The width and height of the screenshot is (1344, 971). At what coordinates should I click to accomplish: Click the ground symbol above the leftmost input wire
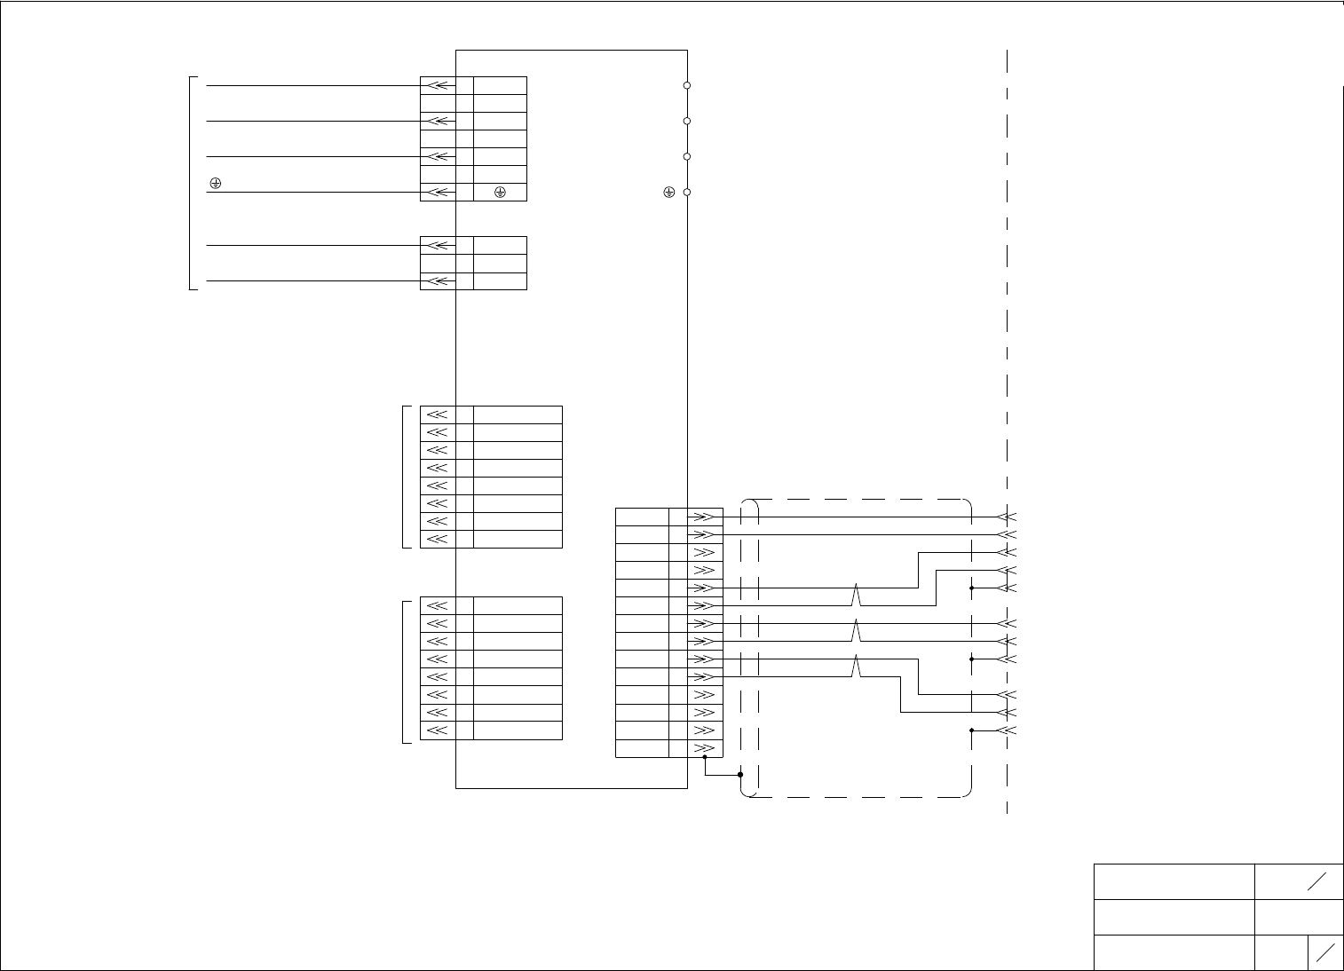[x=215, y=184]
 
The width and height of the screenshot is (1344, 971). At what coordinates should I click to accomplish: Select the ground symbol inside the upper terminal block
[x=500, y=192]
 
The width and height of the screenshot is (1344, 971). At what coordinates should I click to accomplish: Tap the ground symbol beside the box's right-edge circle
[x=669, y=192]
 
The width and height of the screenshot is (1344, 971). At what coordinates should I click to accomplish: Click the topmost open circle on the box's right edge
[x=687, y=85]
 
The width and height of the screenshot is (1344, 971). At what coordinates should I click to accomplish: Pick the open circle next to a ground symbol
[x=687, y=192]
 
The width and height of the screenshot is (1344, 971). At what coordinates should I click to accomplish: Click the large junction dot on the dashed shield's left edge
[x=740, y=774]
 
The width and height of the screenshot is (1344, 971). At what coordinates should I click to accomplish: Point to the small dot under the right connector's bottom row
[x=705, y=757]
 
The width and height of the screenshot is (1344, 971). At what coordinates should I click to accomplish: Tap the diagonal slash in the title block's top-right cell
[x=1316, y=881]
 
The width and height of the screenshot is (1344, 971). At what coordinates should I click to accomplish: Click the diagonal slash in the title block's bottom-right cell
[x=1325, y=952]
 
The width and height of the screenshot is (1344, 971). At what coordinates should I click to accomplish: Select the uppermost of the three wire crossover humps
[x=856, y=591]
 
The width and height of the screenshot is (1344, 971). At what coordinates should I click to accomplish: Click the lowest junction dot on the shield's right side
[x=972, y=730]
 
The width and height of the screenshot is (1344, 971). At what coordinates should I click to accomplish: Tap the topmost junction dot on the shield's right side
[x=972, y=588]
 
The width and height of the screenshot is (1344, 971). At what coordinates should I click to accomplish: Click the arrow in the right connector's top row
[x=704, y=517]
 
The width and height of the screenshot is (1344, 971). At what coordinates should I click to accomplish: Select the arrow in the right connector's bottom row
[x=704, y=748]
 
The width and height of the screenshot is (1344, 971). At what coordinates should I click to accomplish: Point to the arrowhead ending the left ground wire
[x=438, y=192]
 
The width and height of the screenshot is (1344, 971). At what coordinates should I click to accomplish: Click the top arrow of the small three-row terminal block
[x=438, y=245]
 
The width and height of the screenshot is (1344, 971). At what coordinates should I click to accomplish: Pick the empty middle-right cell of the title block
[x=1298, y=917]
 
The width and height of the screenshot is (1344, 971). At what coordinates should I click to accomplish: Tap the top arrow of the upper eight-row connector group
[x=438, y=414]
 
